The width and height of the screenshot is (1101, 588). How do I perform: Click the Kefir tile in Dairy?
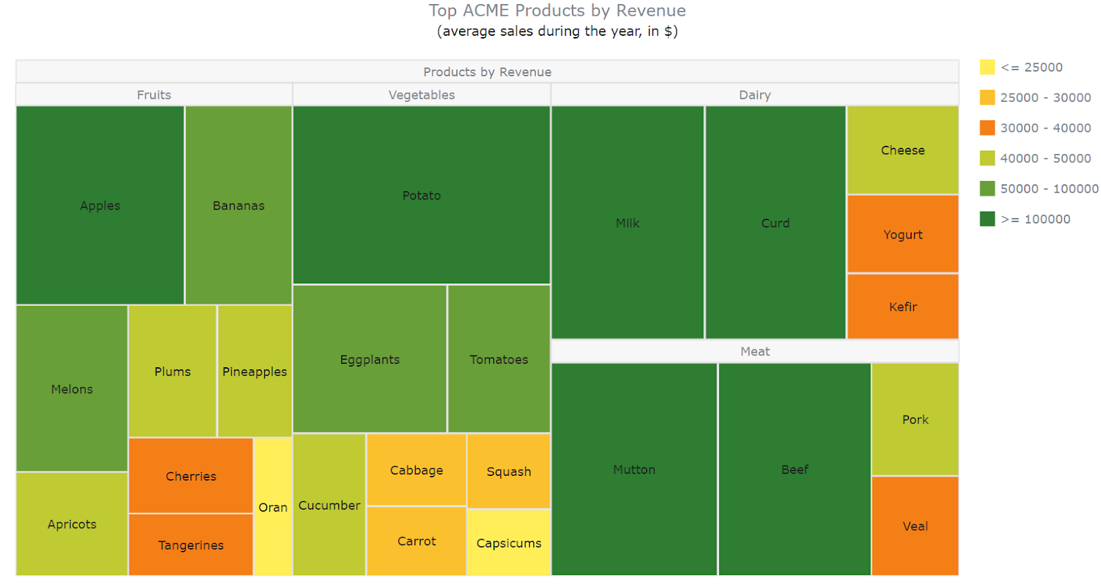(903, 307)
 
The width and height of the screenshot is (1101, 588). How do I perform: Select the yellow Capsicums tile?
(509, 543)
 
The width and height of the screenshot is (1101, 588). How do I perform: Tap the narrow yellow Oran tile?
(273, 507)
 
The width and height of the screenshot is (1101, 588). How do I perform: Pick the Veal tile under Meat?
(915, 526)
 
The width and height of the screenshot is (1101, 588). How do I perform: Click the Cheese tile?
(903, 150)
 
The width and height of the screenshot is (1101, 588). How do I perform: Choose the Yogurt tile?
(903, 235)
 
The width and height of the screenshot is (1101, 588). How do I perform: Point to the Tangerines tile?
(191, 545)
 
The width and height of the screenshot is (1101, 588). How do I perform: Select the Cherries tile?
(191, 476)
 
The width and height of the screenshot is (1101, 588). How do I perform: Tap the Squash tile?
(509, 471)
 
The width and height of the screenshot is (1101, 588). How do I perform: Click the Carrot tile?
(416, 541)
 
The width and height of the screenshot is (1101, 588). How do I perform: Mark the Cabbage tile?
(416, 470)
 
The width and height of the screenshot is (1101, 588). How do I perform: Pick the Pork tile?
(915, 420)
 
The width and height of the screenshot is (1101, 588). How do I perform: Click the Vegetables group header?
(421, 95)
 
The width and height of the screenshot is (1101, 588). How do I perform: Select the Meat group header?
(755, 351)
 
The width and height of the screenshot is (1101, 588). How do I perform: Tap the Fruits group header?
(154, 95)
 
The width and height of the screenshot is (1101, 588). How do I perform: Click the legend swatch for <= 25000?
(987, 67)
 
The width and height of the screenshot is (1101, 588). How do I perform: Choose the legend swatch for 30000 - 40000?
(987, 128)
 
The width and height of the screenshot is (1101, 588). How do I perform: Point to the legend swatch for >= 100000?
(987, 219)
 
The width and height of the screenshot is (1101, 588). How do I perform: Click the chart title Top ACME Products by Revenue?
(557, 11)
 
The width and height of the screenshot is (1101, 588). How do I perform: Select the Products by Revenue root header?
(487, 72)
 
